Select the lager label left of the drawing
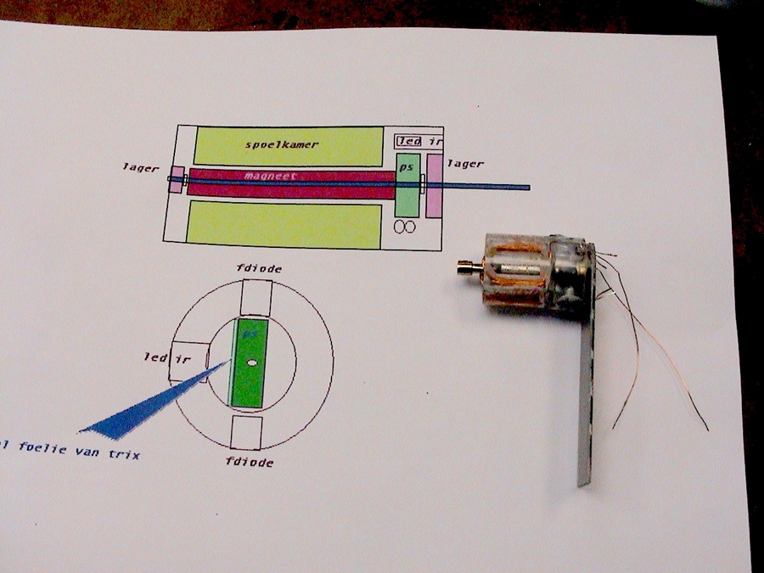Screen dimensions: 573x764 140,168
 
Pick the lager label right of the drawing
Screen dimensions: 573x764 465,164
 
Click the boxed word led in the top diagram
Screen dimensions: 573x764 409,141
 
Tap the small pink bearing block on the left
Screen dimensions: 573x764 176,179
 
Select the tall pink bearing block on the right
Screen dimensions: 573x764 435,186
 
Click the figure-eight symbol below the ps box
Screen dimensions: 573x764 403,227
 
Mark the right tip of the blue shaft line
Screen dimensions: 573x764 528,187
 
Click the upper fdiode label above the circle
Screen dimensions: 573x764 260,269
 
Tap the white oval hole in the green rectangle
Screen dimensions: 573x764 252,362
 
